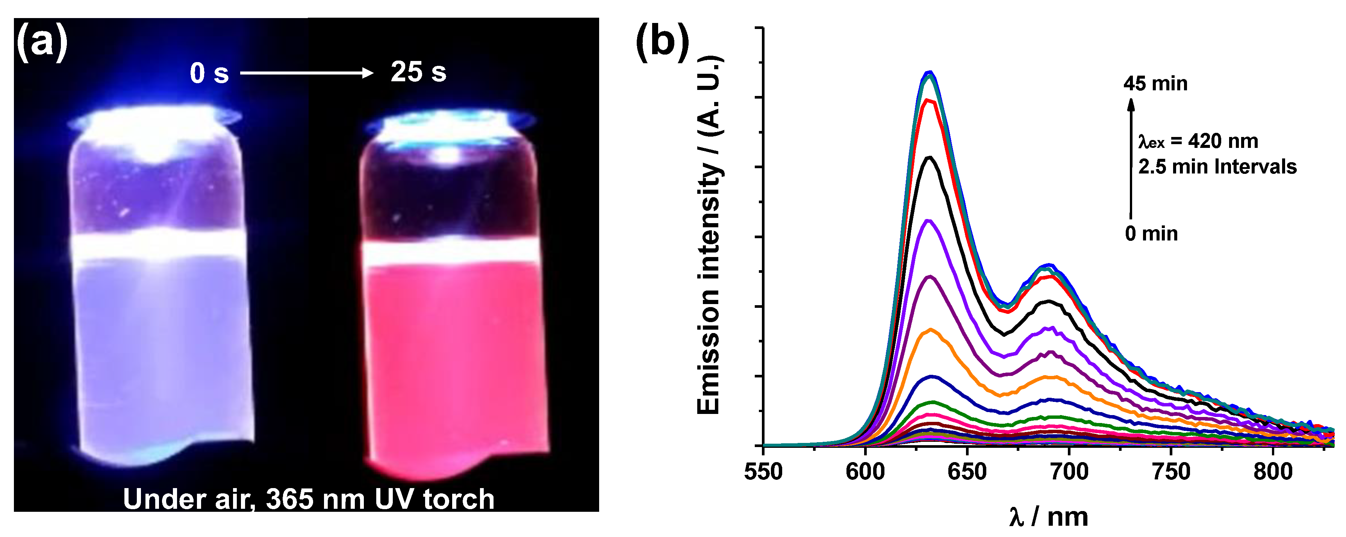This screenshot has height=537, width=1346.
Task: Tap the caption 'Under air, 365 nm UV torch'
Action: click(x=308, y=499)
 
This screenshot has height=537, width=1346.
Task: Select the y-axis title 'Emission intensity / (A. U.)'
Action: click(x=710, y=235)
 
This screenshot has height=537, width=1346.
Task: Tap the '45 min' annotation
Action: click(x=1155, y=84)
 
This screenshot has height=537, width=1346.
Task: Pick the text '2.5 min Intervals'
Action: click(x=1217, y=167)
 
